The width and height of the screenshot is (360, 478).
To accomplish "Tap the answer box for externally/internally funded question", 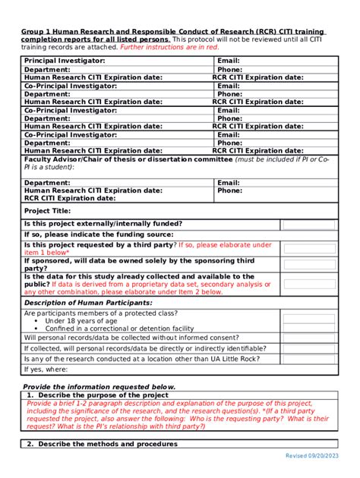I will pos(313,224).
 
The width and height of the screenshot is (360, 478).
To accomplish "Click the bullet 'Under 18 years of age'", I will pos(81,321).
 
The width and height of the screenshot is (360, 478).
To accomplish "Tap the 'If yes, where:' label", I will pos(46,369).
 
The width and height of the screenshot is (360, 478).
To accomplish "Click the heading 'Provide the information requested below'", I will pos(99,387).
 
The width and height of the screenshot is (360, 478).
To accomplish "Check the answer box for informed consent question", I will pos(313,338).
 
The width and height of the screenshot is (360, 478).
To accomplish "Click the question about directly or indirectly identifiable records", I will pos(144,348).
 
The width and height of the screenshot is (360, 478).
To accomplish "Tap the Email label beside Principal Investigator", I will pos(229,60).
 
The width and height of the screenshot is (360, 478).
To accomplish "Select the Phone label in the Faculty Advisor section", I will pos(229,190).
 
